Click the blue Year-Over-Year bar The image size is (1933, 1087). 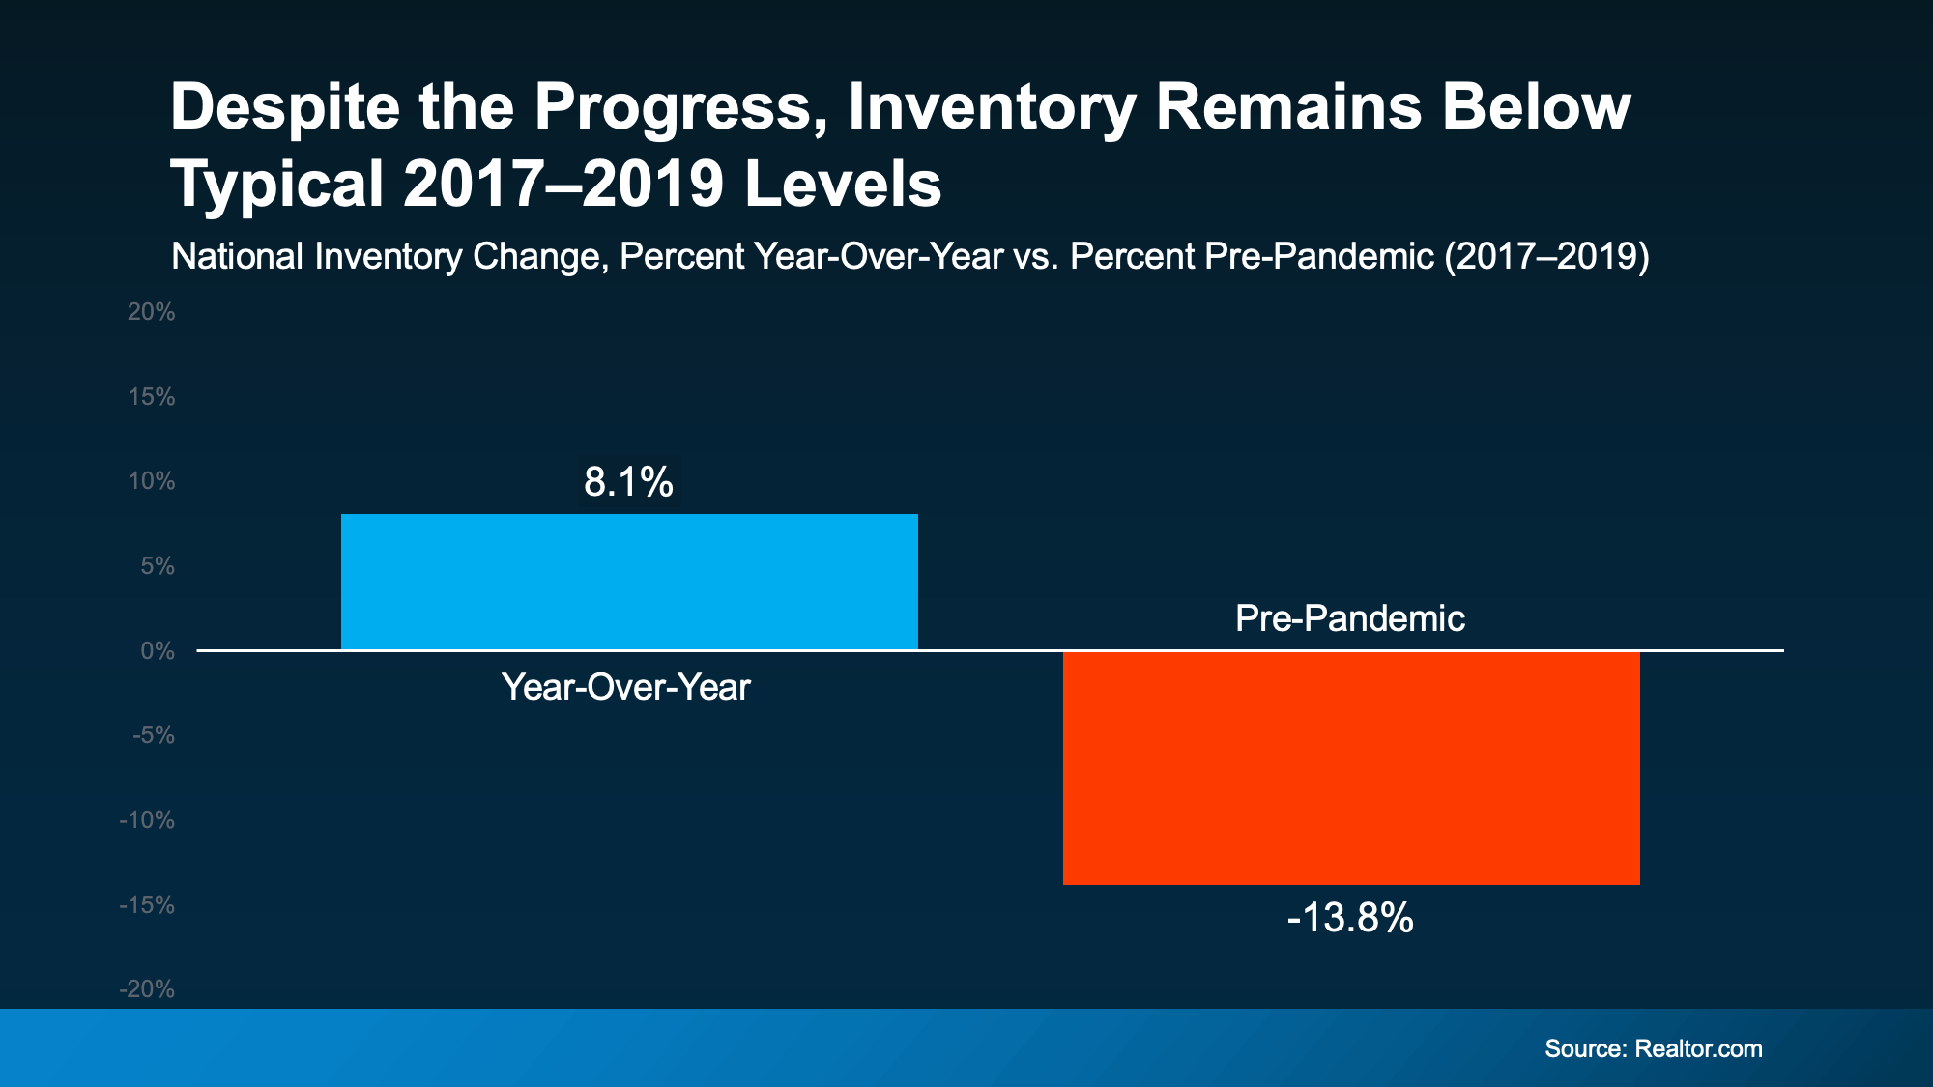pos(629,582)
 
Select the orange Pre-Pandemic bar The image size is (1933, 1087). pos(1351,768)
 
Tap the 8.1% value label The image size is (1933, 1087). pos(628,481)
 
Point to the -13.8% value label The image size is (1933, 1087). pos(1350,917)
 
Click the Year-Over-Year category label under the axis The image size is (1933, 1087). pos(625,687)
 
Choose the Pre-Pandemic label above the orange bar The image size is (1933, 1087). pos(1349,618)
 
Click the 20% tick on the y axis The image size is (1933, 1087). pos(152,312)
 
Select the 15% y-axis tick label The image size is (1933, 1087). pos(152,397)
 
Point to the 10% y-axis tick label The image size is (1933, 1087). pos(152,481)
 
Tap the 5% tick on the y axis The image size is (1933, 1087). pos(158,566)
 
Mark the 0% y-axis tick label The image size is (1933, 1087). pos(158,651)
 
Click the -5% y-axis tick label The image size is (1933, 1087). pos(154,735)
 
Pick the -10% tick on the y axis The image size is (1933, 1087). pos(147,820)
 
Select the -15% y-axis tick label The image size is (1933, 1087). pos(147,905)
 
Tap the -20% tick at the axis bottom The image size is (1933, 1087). pos(147,989)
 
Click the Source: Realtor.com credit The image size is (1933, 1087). pos(1653,1049)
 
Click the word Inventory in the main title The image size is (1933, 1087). pos(992,107)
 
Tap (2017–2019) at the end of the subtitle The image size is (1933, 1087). pos(1546,257)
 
